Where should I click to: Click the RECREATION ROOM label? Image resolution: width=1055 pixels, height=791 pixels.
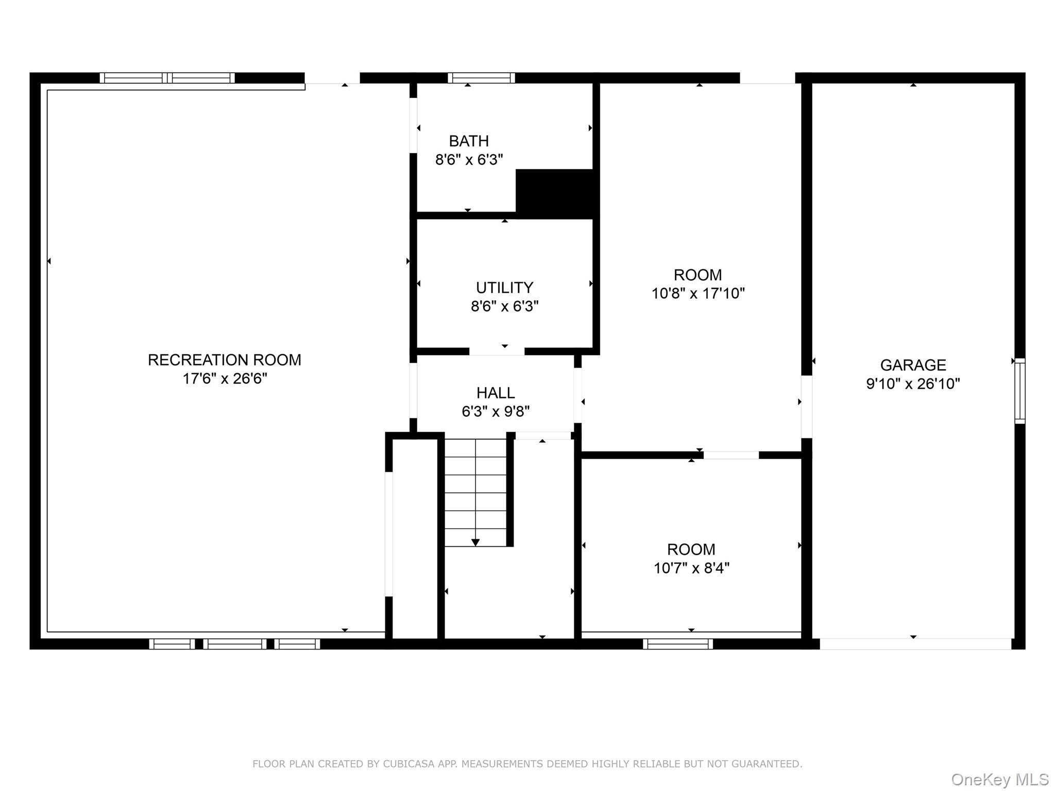click(225, 360)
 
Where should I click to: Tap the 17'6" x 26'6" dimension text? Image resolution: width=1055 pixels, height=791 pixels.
click(225, 379)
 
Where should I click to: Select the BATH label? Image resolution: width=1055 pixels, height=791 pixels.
click(469, 141)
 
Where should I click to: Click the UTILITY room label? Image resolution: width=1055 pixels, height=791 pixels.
click(504, 288)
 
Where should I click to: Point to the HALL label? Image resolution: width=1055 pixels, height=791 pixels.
click(496, 393)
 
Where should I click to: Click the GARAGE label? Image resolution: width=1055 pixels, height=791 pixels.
click(913, 365)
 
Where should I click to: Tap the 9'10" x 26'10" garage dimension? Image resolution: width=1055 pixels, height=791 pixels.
click(913, 384)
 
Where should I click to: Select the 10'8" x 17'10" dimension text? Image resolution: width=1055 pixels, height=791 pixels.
click(698, 294)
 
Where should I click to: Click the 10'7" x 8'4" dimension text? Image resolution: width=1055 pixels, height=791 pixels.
click(691, 568)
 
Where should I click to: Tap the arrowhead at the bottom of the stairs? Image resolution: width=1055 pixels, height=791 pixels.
click(475, 542)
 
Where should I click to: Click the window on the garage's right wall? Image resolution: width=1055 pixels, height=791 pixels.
click(1019, 391)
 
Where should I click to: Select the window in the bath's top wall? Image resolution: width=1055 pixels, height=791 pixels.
click(481, 78)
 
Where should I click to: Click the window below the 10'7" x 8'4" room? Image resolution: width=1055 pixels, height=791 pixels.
click(678, 644)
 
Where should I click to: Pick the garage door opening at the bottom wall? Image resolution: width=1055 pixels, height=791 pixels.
click(915, 644)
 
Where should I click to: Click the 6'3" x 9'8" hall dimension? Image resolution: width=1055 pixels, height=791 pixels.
click(496, 411)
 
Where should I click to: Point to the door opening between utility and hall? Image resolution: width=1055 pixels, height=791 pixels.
click(497, 352)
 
